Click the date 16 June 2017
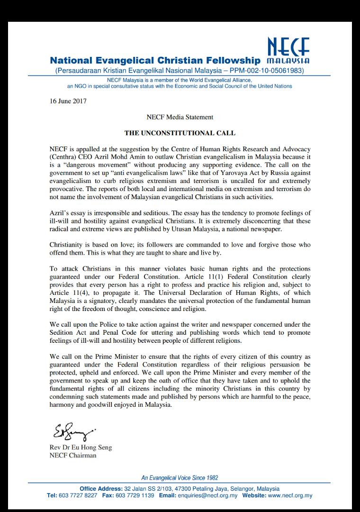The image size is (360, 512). (68, 101)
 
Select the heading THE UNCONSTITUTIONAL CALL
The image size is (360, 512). (180, 133)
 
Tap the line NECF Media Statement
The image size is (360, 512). (180, 117)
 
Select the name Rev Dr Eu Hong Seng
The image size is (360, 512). (81, 448)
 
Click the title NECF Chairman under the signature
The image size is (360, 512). (72, 456)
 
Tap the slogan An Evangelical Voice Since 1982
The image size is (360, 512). (180, 478)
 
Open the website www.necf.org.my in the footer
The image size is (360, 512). (290, 495)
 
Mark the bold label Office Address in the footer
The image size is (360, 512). (101, 489)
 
